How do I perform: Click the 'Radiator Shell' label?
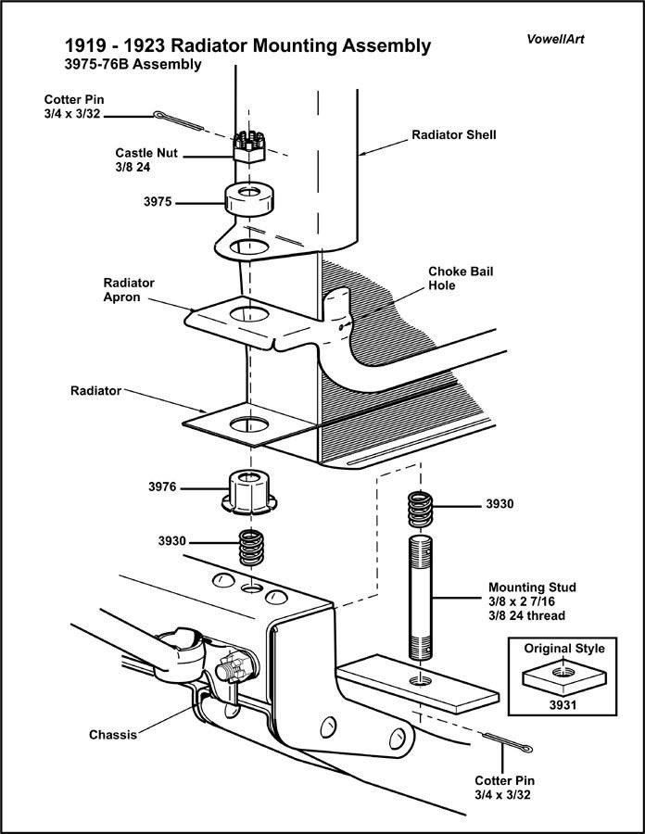coord(454,135)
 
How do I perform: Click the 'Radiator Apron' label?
coord(129,290)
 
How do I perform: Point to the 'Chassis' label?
coord(113,735)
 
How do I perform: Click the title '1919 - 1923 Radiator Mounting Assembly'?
coord(247,45)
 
